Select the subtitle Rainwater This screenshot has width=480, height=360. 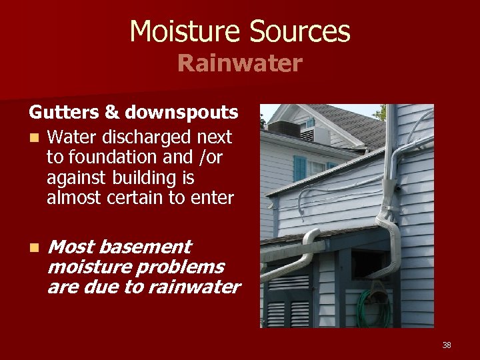[x=239, y=64]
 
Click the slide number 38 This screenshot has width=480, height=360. [x=447, y=345]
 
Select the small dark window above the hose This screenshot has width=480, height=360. [x=367, y=264]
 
